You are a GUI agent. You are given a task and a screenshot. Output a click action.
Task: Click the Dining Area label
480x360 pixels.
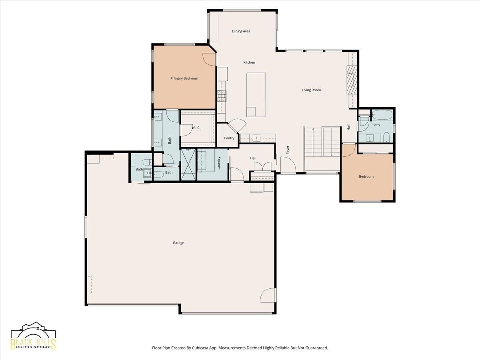(x=241, y=31)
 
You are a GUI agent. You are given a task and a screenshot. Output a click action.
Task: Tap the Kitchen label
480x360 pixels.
(x=249, y=62)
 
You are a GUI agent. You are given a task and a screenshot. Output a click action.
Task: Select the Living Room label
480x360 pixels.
(x=311, y=90)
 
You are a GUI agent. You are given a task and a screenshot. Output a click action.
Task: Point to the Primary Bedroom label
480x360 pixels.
(x=184, y=78)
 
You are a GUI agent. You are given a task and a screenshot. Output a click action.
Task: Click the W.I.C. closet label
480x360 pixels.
(x=196, y=128)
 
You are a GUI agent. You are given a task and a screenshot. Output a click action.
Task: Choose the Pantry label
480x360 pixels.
(x=229, y=138)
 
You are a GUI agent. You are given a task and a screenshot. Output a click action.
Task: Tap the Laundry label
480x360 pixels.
(x=218, y=163)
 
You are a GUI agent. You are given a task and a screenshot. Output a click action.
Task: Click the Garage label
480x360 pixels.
(x=178, y=243)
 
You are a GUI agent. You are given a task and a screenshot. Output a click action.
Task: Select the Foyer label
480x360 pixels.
(x=288, y=150)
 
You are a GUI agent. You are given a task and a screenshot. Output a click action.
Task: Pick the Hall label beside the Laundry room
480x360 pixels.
(x=253, y=158)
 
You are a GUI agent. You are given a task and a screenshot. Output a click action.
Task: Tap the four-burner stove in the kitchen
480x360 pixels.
(x=222, y=96)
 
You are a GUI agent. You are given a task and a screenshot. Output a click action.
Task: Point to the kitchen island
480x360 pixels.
(x=256, y=95)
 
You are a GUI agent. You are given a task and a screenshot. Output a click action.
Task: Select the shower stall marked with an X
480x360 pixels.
(x=188, y=164)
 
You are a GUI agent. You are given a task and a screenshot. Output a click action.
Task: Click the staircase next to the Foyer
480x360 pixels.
(x=322, y=142)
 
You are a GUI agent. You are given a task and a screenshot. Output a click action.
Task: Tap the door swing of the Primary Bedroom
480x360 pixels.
(x=209, y=60)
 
